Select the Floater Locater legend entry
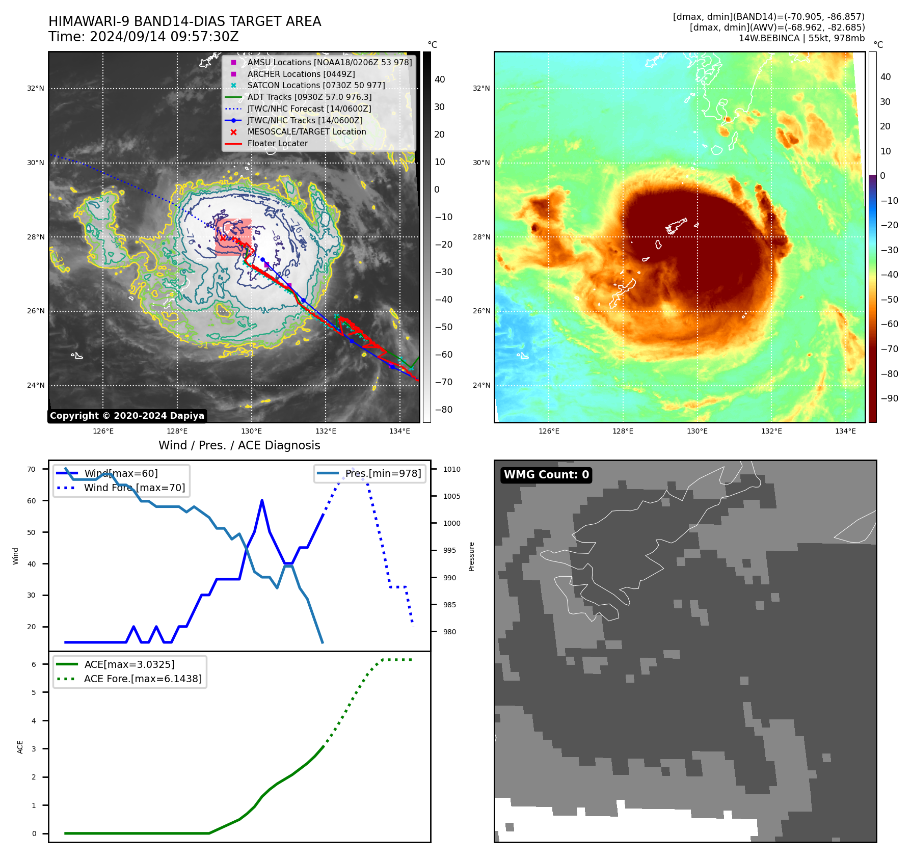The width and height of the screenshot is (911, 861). [x=277, y=144]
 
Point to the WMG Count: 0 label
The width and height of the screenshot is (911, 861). [x=546, y=475]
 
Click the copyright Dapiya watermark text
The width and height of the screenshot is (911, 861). [x=127, y=416]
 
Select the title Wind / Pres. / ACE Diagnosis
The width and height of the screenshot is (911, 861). [x=239, y=445]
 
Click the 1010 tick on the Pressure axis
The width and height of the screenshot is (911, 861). [x=451, y=469]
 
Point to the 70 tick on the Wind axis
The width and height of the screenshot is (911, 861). [x=32, y=469]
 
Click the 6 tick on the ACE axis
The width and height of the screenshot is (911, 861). [x=34, y=664]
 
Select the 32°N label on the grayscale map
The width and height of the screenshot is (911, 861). [x=36, y=88]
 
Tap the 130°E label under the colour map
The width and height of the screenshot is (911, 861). [x=697, y=431]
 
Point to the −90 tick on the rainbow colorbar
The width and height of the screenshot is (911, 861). [x=889, y=398]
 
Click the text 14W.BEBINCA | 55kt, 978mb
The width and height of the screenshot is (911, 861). [x=801, y=38]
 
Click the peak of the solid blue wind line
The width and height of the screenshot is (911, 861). [x=262, y=500]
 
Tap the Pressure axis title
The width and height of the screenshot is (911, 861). [x=471, y=556]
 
